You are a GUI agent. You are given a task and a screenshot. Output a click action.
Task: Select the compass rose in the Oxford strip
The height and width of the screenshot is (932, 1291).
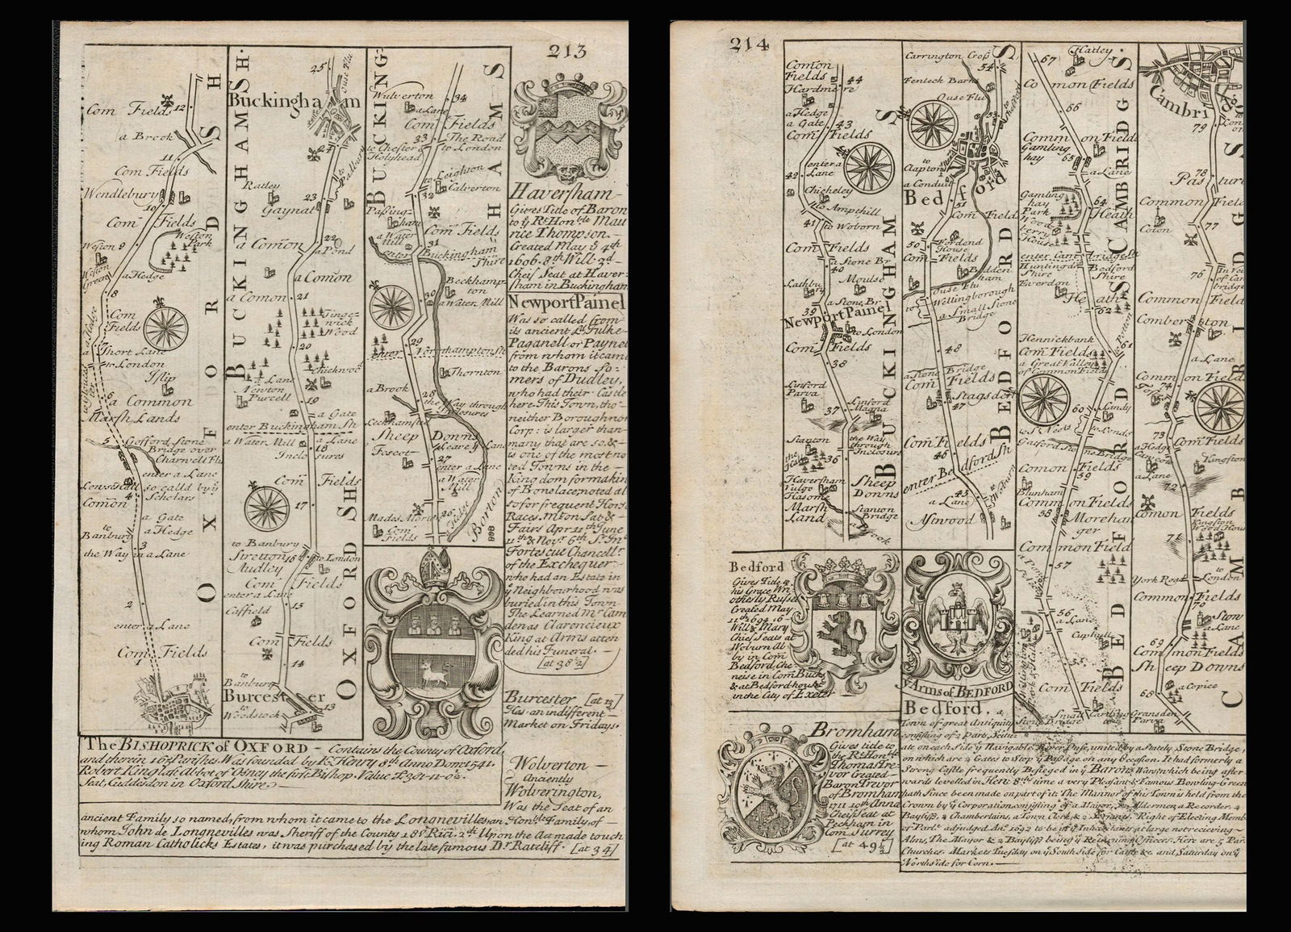166,327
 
